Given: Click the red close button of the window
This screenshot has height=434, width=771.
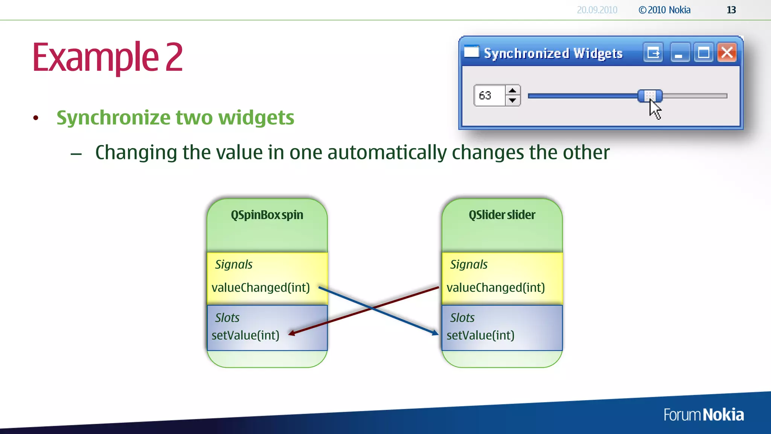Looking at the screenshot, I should pos(727,53).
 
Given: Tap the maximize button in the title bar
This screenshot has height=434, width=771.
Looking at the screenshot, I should pos(703,53).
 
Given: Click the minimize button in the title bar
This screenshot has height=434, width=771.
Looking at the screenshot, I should pos(679,53).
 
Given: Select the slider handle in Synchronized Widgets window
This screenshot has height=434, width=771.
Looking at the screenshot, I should pos(650,96).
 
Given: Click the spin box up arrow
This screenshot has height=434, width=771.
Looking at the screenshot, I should pos(512,91).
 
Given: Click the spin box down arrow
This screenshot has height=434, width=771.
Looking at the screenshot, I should pos(512,100).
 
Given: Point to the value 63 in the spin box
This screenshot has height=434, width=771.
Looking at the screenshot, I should pos(485,96).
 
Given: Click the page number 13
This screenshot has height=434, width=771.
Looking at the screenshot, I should pos(731,10).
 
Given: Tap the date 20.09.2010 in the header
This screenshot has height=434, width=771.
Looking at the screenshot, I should pos(597,10).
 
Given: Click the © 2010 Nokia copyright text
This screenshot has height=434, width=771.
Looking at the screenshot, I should pos(664,10).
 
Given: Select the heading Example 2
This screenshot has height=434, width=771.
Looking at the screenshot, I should pos(108,57).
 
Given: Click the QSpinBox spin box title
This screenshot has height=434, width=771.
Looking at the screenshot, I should pos(267,215).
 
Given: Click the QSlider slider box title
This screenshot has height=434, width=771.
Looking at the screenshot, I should pos(502,215).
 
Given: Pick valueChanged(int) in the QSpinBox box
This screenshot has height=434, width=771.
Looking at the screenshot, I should pos(261,288).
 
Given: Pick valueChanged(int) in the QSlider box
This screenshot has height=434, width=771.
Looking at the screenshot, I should pos(495,288).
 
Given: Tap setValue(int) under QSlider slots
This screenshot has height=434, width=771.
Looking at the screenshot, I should pos(480,335).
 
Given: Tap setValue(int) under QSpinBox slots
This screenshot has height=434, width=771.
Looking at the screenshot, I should pos(245,335).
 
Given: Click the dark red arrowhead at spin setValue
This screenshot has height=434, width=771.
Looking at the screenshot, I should pos(292,333).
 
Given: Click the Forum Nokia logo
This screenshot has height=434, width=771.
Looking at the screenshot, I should pos(703,415).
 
